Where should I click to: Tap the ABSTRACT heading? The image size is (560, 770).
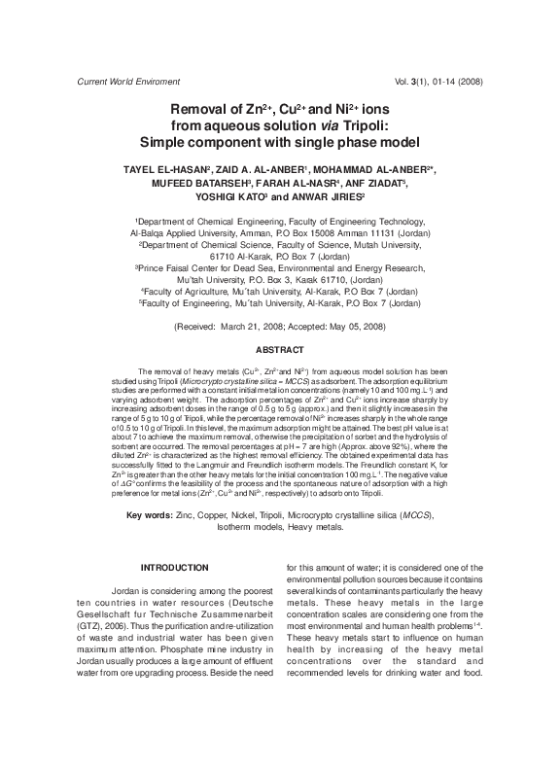[x=279, y=349]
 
